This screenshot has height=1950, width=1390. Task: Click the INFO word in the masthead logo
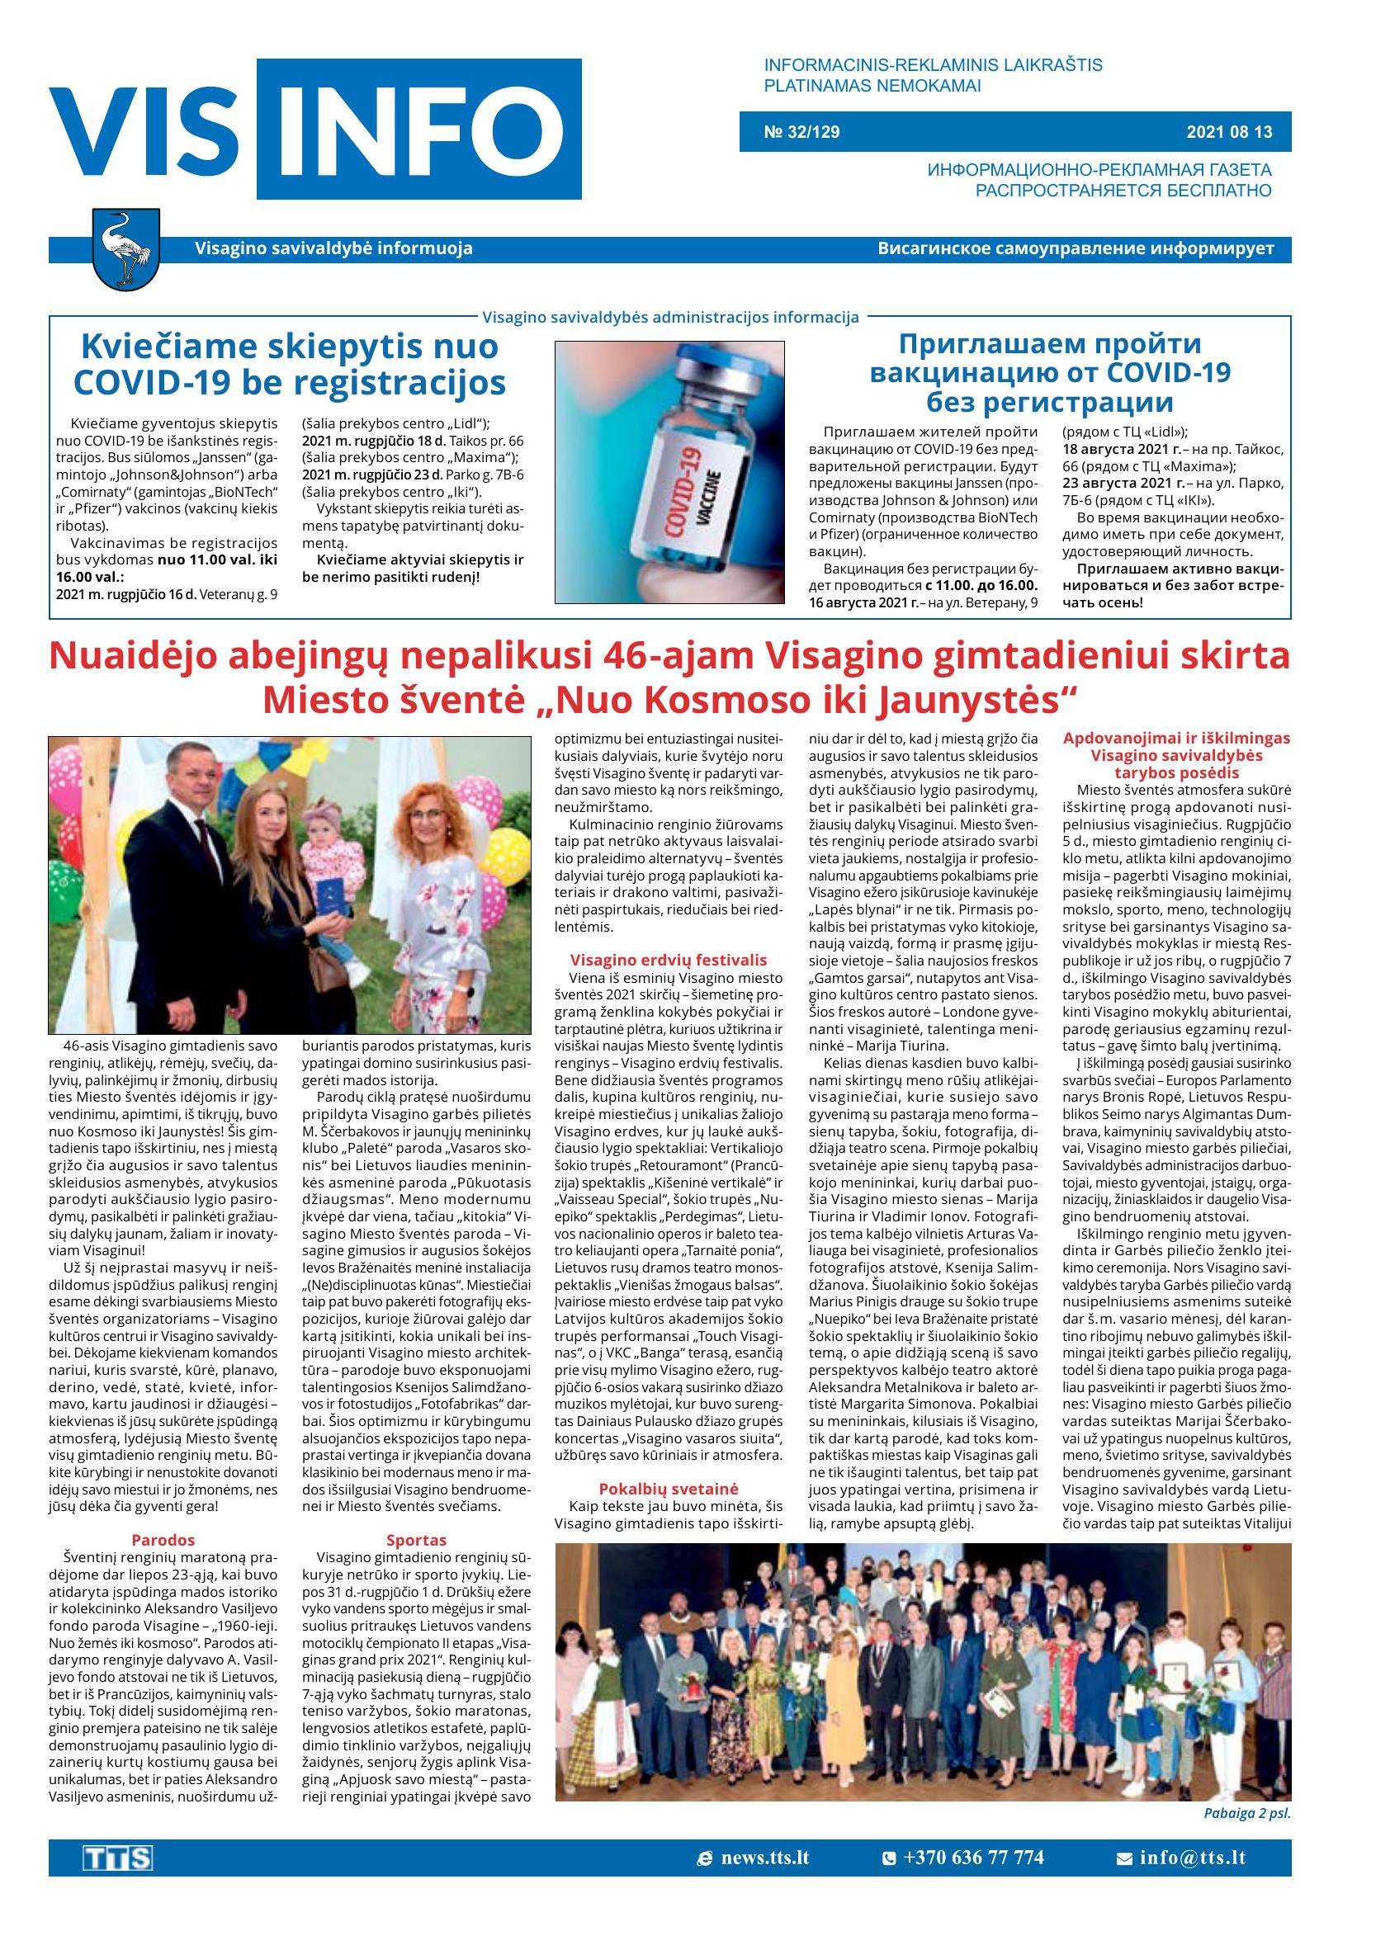coord(418,129)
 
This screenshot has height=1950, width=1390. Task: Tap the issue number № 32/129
coord(801,132)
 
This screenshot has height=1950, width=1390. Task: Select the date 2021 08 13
coord(1229,132)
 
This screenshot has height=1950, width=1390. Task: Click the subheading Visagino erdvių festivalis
coord(669,960)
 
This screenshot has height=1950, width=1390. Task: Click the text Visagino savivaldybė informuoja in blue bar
coord(333,249)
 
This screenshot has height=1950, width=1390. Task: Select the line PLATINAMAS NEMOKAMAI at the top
coord(872,86)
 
